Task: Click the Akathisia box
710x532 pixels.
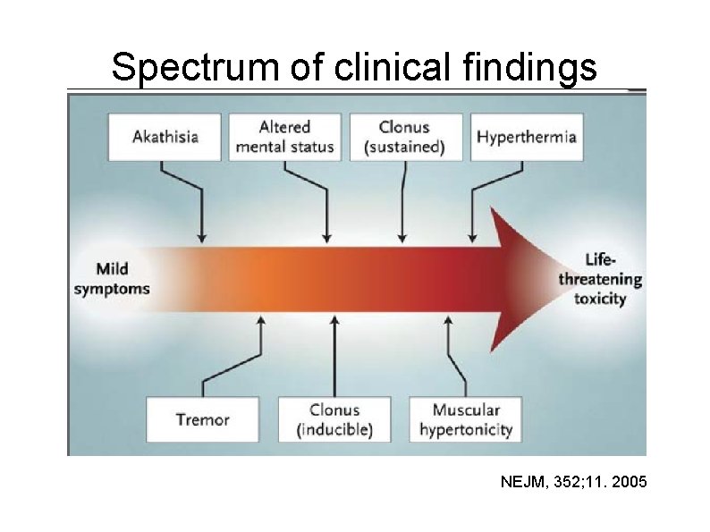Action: point(165,137)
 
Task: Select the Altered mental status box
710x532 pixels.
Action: point(284,137)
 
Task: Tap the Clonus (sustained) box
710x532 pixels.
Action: point(404,137)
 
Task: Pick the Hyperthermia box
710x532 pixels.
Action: point(526,137)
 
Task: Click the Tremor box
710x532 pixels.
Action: point(203,419)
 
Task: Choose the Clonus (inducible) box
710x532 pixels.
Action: point(334,419)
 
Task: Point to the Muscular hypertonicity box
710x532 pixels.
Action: point(466,419)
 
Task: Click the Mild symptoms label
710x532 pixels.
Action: point(112,277)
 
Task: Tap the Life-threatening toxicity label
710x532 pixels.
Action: point(600,278)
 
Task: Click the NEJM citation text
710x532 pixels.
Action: point(572,483)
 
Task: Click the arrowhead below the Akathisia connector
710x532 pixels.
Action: point(202,238)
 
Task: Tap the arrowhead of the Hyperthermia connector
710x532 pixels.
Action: point(473,238)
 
